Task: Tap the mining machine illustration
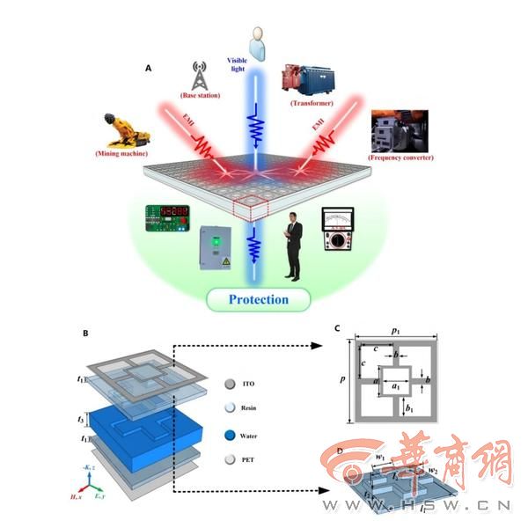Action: (128, 131)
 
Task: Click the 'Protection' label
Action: (258, 299)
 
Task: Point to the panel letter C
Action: (337, 329)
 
